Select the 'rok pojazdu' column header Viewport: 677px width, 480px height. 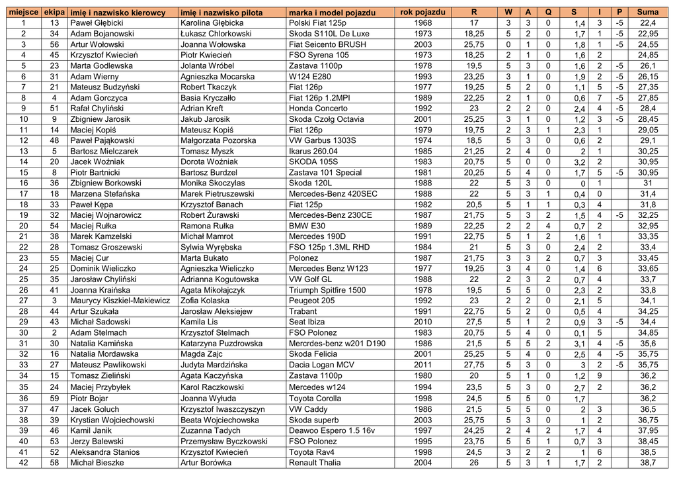[x=422, y=13]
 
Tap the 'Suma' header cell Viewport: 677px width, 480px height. [x=647, y=13]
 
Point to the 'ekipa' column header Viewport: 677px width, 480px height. [x=54, y=13]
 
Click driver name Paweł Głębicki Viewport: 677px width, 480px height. [x=97, y=23]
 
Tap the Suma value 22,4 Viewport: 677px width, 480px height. [x=648, y=23]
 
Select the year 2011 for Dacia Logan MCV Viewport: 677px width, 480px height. [x=422, y=365]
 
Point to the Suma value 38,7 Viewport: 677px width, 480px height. [x=648, y=463]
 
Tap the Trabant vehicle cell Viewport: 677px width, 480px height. [x=303, y=311]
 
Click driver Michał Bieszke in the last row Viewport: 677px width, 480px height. [x=97, y=463]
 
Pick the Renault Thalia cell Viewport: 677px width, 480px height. [x=315, y=463]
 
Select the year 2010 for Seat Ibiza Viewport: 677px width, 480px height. [x=422, y=322]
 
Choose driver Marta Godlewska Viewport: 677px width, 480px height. [x=101, y=66]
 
